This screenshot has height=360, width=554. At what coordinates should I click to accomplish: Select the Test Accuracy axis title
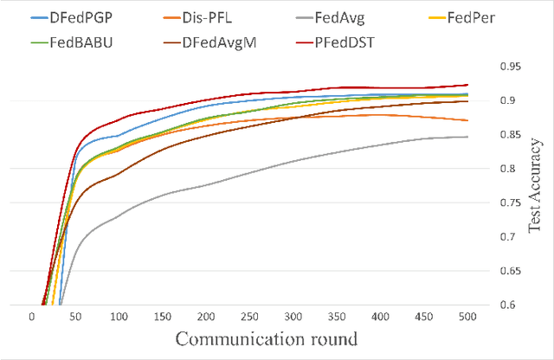534,186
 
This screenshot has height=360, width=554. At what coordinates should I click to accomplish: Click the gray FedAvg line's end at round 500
467,137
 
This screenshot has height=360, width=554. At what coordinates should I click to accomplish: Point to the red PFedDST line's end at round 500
467,85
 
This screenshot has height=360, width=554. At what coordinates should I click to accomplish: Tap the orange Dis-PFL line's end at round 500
467,120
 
